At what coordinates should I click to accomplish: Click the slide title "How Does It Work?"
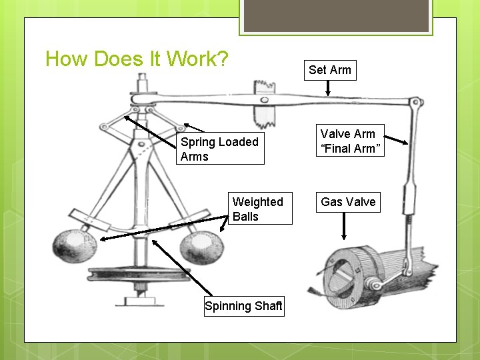pyautogui.click(x=137, y=59)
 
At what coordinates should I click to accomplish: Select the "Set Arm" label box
pyautogui.click(x=329, y=70)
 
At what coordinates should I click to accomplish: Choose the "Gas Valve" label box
pyautogui.click(x=348, y=201)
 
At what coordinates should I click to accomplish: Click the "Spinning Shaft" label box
pyautogui.click(x=244, y=306)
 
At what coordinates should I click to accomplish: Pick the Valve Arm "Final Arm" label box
pyautogui.click(x=347, y=141)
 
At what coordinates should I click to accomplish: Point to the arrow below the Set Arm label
pyautogui.click(x=328, y=89)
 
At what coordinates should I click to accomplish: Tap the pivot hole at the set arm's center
pyautogui.click(x=265, y=101)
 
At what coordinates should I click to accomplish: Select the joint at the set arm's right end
pyautogui.click(x=416, y=103)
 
